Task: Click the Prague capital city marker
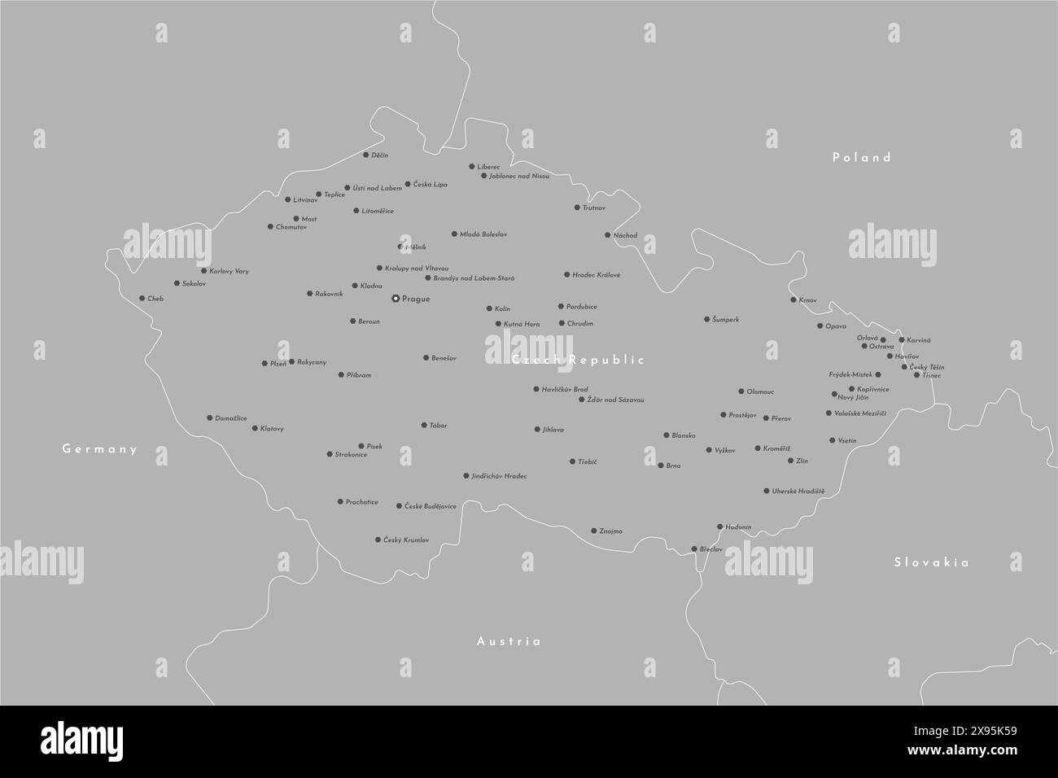tap(396, 299)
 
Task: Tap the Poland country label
tap(862, 158)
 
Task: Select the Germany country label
tap(100, 449)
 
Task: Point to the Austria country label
tap(509, 641)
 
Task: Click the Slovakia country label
tap(932, 562)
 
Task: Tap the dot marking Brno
tap(661, 465)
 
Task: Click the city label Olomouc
tap(760, 392)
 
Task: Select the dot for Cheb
tap(142, 299)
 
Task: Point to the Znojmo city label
tap(610, 531)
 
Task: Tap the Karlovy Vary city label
tap(229, 271)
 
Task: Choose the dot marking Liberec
tap(471, 167)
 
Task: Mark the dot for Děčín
tap(365, 155)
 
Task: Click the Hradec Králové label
tap(596, 275)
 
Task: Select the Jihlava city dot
tap(537, 429)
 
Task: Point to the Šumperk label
tap(725, 320)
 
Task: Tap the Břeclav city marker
tap(694, 549)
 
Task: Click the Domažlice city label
tap(231, 418)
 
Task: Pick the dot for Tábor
tap(424, 425)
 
